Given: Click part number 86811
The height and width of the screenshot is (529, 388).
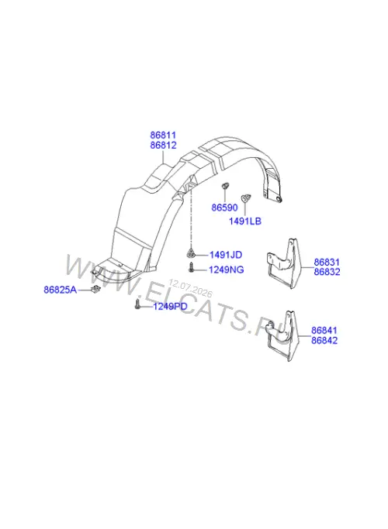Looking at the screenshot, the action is point(163,136).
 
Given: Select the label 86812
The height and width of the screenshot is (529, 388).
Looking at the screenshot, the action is point(163,146).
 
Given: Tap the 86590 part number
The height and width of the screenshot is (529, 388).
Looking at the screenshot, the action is point(225,208).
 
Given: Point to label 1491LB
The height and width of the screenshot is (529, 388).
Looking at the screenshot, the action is point(245,221).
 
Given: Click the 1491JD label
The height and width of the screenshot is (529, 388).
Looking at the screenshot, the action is point(226,255).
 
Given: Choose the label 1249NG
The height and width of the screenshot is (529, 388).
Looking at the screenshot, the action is point(226,270).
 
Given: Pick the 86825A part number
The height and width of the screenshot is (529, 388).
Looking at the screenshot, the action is point(61,290).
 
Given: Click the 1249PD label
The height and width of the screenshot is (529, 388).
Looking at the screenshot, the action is point(170,307).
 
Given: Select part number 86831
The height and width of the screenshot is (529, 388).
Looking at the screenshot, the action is point(327,262).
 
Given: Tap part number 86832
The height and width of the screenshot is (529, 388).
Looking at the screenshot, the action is point(327,272).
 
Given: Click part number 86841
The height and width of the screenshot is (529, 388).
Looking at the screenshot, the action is point(324,330).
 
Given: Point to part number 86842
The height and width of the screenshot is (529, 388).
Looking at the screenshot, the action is point(324,341).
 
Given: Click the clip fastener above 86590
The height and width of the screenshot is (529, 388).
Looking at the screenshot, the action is point(225,186).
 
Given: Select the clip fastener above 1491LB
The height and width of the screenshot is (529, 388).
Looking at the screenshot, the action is point(245,198).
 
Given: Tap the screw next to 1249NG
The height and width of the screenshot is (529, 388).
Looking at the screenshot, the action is point(191,267).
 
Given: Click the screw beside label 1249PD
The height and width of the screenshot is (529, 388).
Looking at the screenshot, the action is point(137,304).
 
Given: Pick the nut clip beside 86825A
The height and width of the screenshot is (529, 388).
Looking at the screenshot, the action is point(95,289).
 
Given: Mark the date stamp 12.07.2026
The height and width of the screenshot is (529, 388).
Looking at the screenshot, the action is point(190,288).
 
